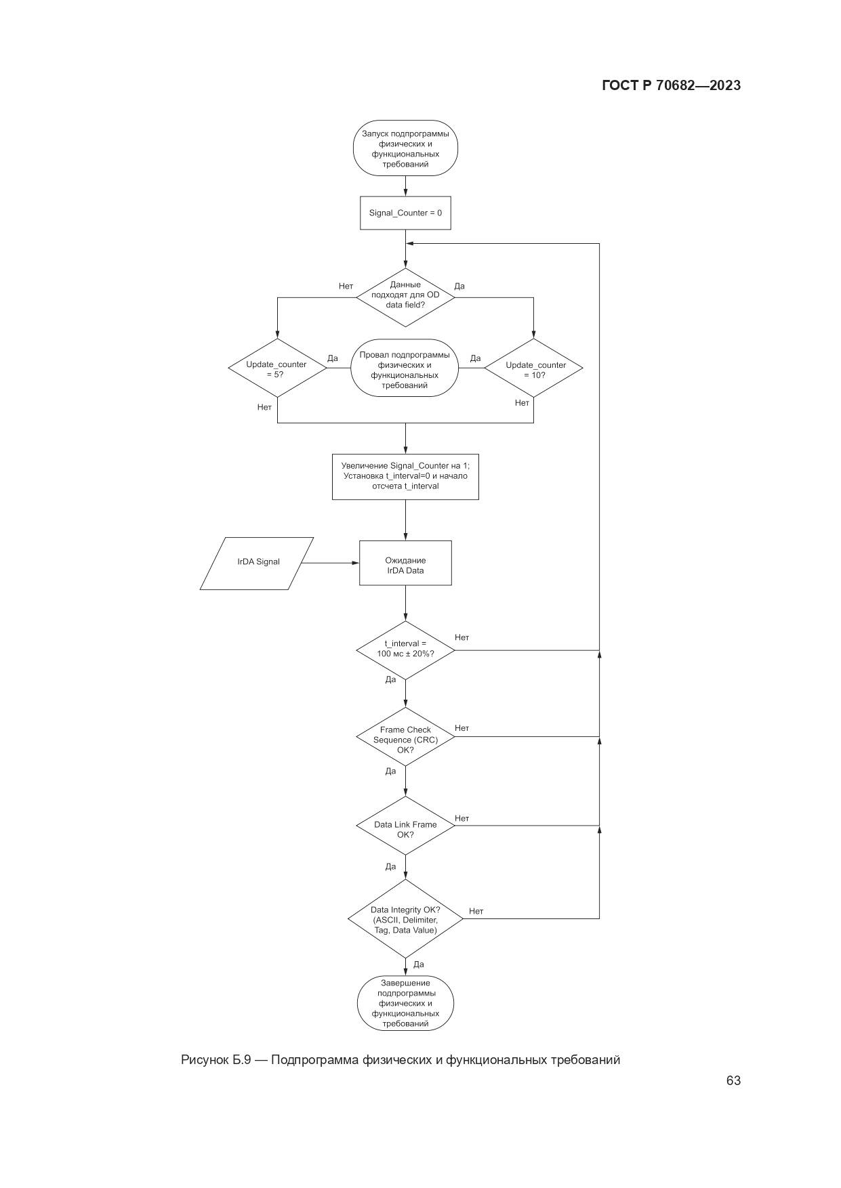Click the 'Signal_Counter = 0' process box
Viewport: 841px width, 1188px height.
(x=405, y=213)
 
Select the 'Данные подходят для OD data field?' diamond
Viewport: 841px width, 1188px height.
(x=405, y=295)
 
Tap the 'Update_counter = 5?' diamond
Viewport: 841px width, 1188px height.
(x=276, y=368)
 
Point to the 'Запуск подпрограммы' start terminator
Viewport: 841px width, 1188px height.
(x=405, y=148)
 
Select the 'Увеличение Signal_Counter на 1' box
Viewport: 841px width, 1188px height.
(x=405, y=476)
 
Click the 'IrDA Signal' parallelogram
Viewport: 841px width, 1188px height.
(x=258, y=562)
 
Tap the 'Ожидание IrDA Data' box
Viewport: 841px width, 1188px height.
(x=405, y=564)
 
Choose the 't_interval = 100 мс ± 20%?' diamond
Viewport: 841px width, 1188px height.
(x=405, y=649)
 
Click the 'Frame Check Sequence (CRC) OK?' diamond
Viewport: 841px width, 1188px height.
(x=405, y=739)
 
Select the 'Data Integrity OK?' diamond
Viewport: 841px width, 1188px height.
(x=405, y=919)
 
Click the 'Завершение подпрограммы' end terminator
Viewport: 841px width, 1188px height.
(x=405, y=1003)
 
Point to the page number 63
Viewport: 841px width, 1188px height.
(x=733, y=1080)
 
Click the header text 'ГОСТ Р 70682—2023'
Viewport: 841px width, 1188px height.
(x=671, y=85)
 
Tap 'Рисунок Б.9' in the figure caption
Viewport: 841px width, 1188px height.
(x=216, y=1059)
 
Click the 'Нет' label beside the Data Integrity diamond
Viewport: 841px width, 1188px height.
(x=476, y=911)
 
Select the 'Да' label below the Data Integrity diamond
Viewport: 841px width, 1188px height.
(x=418, y=964)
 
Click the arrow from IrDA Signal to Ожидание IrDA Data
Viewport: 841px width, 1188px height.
(x=329, y=563)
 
